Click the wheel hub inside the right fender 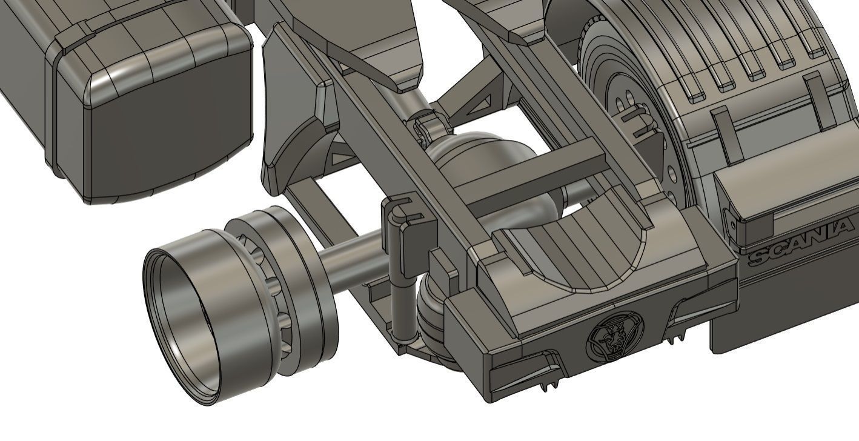624,109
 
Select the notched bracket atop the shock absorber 403,215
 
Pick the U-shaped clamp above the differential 431,127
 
